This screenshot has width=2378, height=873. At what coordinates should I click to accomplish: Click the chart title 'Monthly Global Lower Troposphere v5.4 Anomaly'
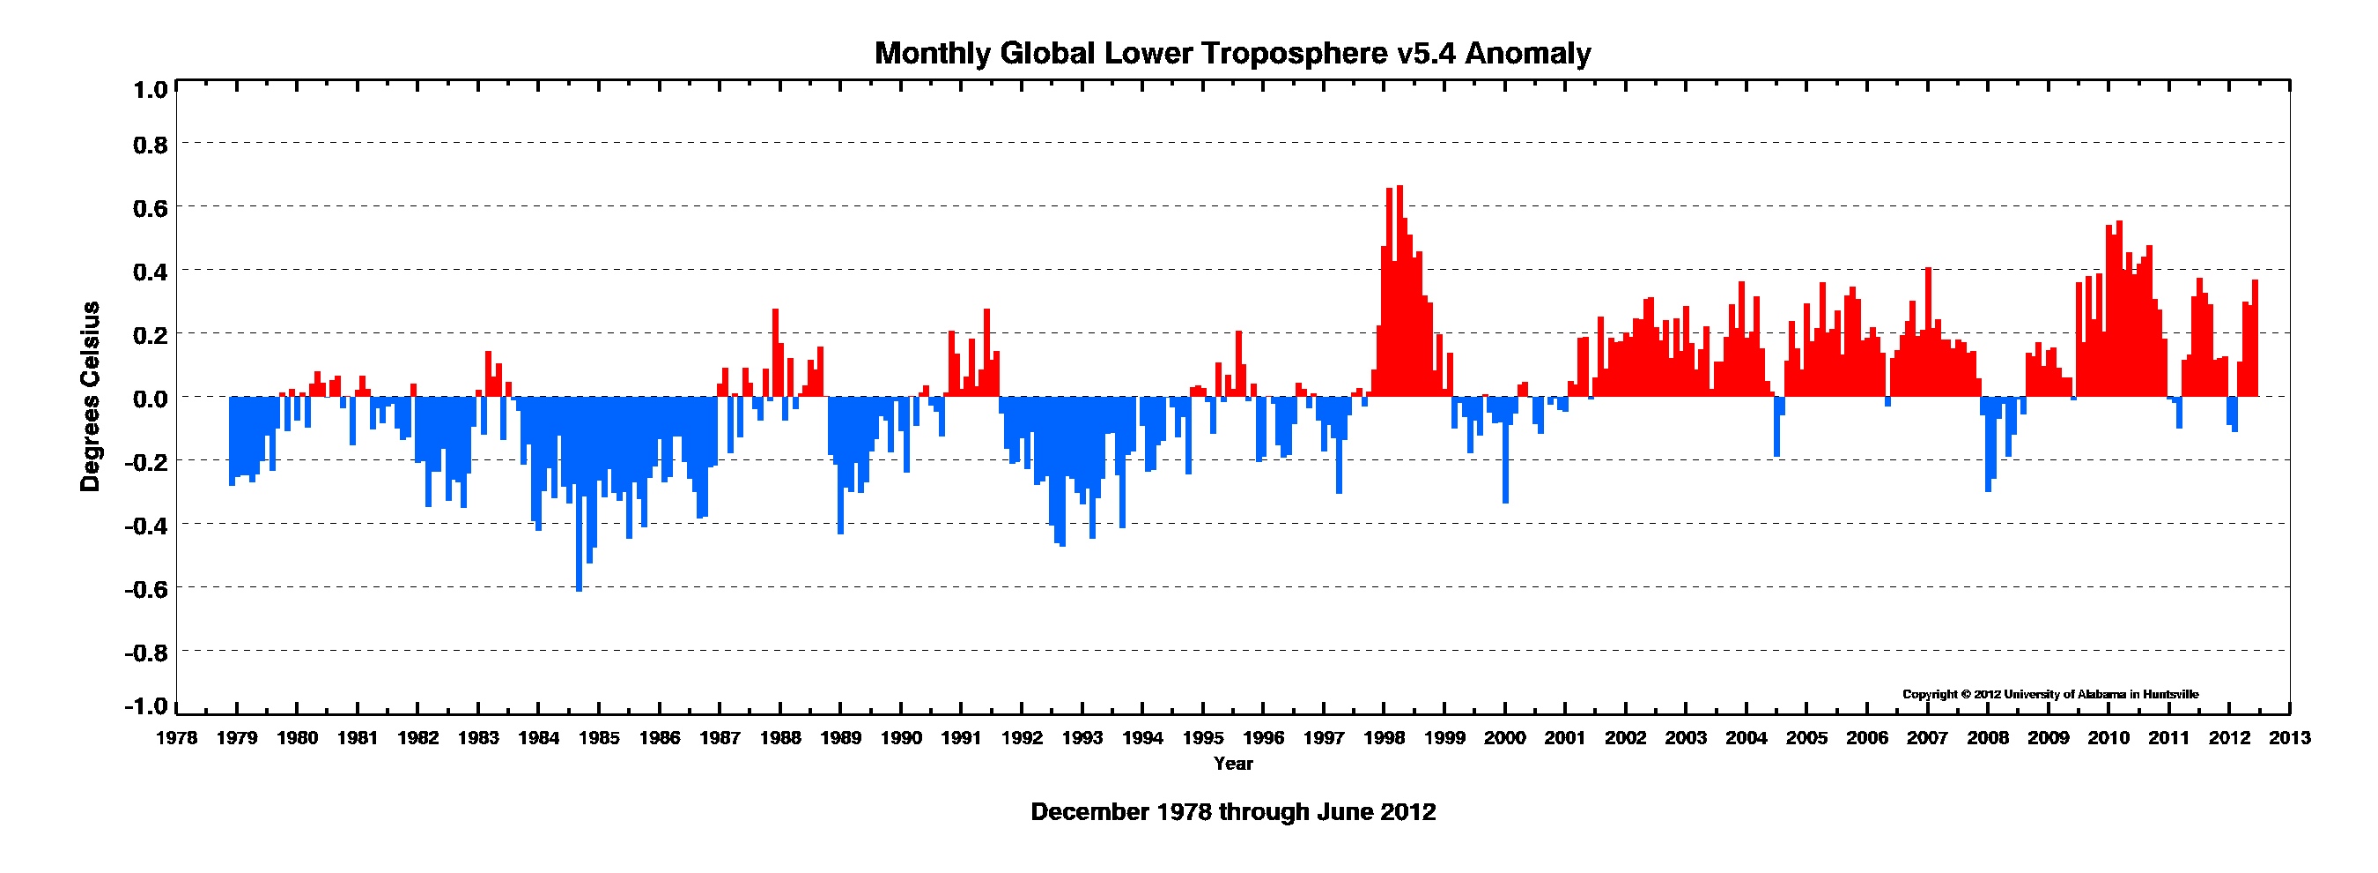[x=1232, y=54]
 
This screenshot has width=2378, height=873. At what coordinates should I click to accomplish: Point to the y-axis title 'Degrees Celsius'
[x=91, y=396]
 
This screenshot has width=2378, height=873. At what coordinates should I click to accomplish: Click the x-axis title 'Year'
[x=1233, y=764]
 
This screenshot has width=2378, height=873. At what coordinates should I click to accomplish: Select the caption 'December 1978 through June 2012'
[x=1233, y=812]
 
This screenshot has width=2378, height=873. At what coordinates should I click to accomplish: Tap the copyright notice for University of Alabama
[x=2050, y=695]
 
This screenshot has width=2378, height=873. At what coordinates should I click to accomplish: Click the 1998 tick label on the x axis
[x=1385, y=738]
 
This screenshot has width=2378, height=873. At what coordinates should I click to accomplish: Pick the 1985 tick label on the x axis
[x=599, y=738]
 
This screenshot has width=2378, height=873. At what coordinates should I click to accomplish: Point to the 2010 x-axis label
[x=2109, y=738]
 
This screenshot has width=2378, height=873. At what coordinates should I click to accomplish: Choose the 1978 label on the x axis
[x=176, y=738]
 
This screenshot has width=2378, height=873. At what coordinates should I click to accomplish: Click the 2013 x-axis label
[x=2290, y=738]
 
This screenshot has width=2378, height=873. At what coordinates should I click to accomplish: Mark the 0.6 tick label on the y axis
[x=151, y=208]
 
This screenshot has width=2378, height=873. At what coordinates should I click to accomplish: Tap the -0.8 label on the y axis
[x=147, y=653]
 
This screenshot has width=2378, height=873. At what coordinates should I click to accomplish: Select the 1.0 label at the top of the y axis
[x=151, y=90]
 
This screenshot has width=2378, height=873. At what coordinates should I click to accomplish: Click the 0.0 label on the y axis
[x=151, y=399]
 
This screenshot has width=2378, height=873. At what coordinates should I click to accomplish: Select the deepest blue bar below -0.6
[x=579, y=494]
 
